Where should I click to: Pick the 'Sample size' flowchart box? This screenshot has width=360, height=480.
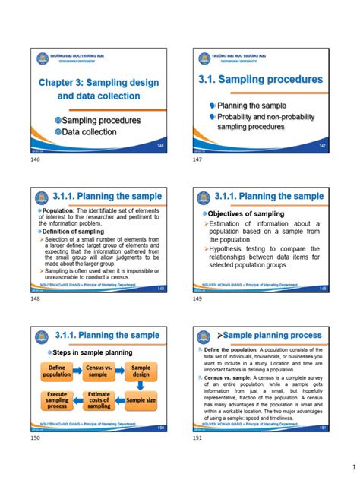click(141, 399)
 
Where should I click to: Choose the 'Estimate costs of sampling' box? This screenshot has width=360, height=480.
click(99, 400)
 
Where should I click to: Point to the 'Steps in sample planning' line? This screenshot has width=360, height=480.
click(91, 352)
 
